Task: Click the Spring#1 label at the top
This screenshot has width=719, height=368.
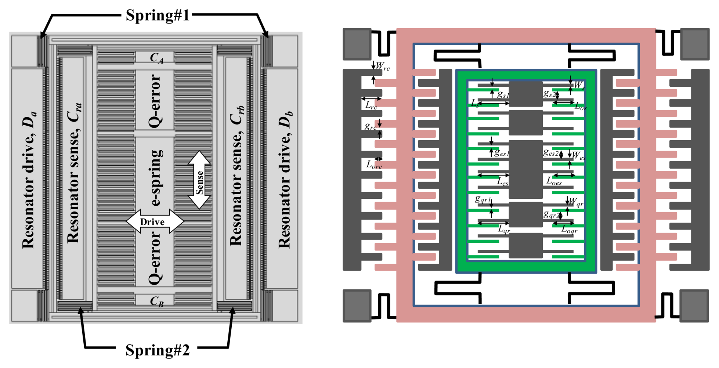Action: [x=158, y=15]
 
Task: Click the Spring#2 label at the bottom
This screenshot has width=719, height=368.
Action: [x=158, y=350]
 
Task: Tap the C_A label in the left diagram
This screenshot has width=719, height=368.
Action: [x=156, y=58]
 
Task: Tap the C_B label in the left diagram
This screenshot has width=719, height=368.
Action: [x=156, y=302]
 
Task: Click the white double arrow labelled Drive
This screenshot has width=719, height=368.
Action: [x=155, y=222]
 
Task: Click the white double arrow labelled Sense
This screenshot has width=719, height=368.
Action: [x=199, y=180]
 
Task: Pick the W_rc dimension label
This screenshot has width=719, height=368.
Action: [x=382, y=66]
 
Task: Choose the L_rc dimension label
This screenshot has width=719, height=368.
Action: [x=371, y=105]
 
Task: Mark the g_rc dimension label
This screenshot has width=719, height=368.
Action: [x=370, y=126]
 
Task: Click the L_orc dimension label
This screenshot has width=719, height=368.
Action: [x=374, y=165]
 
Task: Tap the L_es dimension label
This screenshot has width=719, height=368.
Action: [x=502, y=181]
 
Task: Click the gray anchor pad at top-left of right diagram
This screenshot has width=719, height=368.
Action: [x=357, y=44]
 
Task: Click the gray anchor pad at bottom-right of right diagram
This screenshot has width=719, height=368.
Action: [x=694, y=306]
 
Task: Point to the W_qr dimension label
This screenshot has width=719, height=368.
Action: [x=575, y=202]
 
